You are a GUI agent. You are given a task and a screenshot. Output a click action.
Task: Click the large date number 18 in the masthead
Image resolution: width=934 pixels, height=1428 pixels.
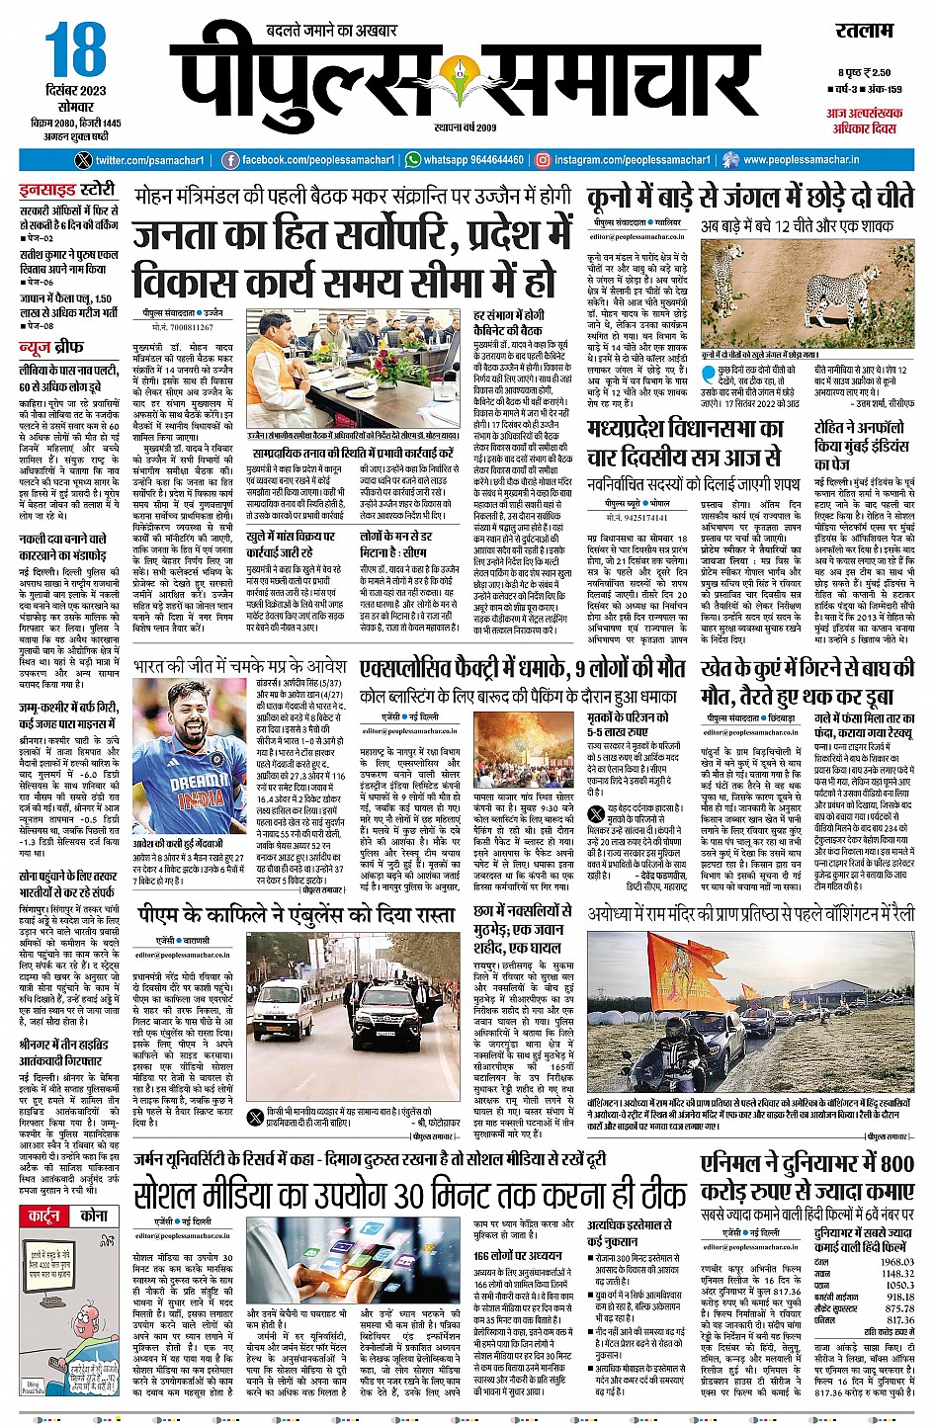point(75,50)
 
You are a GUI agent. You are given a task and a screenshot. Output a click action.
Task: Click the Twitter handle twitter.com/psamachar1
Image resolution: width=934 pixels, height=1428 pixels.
point(149,160)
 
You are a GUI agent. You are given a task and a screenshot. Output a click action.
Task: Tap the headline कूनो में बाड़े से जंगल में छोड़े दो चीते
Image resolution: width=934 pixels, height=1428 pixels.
point(750,197)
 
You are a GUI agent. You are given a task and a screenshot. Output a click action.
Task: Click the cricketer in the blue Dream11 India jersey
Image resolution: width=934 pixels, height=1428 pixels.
point(188,767)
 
